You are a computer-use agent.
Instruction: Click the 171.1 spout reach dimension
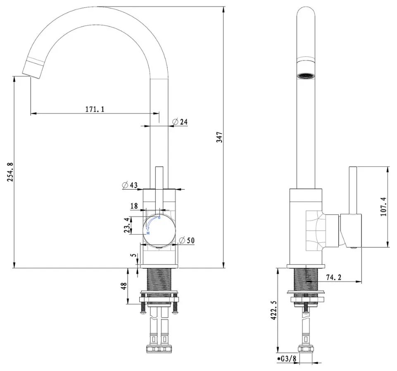point(95,109)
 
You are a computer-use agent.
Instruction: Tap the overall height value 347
point(219,137)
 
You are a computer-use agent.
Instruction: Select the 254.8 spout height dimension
point(10,172)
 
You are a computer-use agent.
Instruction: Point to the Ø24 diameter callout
point(180,122)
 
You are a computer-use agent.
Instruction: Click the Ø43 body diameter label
point(130,185)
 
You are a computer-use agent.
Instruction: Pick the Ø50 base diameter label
point(187,240)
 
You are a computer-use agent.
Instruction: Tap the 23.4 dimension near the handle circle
point(127,225)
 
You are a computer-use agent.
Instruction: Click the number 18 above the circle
point(134,206)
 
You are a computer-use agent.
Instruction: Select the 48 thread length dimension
point(124,286)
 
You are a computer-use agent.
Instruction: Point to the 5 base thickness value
point(134,255)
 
